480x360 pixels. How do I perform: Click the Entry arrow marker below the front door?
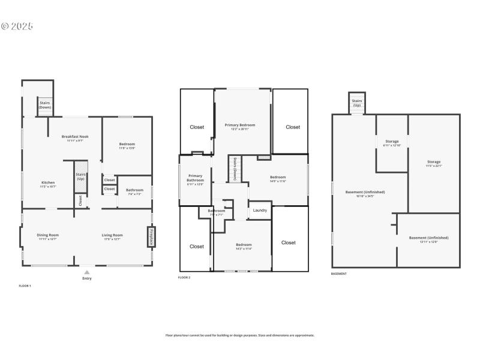(x=87, y=272)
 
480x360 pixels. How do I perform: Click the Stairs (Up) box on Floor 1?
(x=81, y=176)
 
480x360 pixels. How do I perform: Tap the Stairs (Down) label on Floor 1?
(x=45, y=105)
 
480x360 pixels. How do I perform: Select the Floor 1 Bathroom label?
(x=134, y=191)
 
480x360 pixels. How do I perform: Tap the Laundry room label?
(x=260, y=210)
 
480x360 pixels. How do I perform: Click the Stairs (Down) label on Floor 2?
(x=235, y=169)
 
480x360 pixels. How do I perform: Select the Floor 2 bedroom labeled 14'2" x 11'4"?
(x=244, y=246)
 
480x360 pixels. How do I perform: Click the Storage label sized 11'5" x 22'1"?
(x=434, y=163)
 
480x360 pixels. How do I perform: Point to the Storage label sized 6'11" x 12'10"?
(x=392, y=143)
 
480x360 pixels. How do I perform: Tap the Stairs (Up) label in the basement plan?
(x=357, y=103)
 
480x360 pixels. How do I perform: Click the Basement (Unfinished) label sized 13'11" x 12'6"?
(x=428, y=239)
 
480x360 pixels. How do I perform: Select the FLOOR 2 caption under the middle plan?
(x=184, y=278)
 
